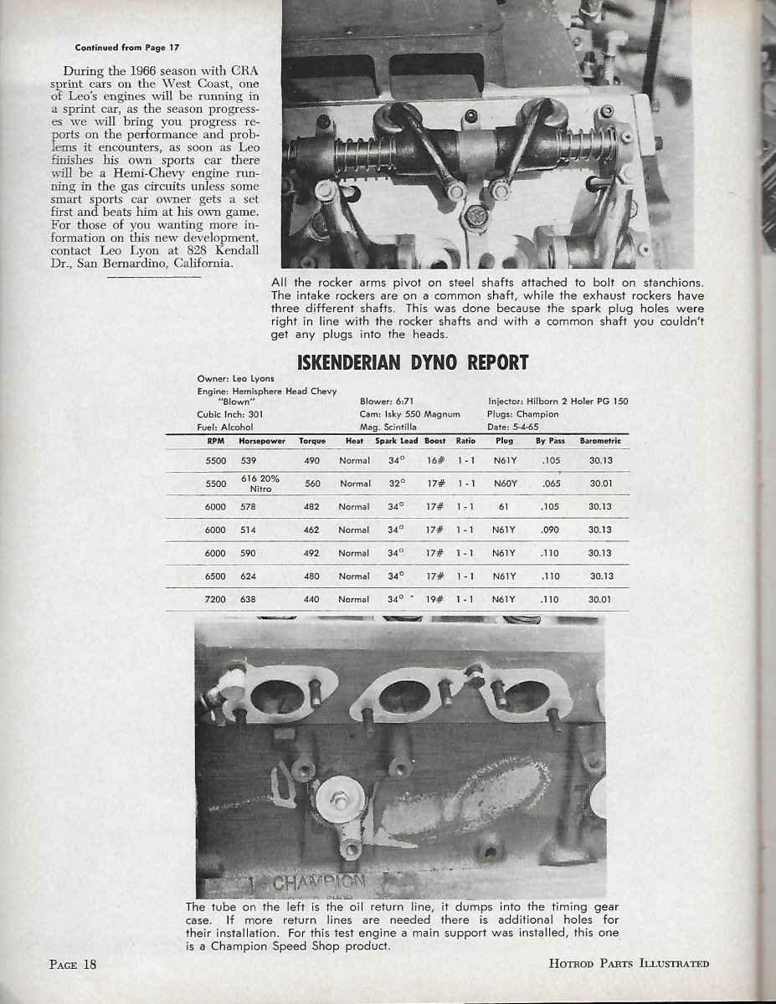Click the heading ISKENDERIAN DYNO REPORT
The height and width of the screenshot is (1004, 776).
413,362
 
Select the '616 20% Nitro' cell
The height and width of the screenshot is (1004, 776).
260,482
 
